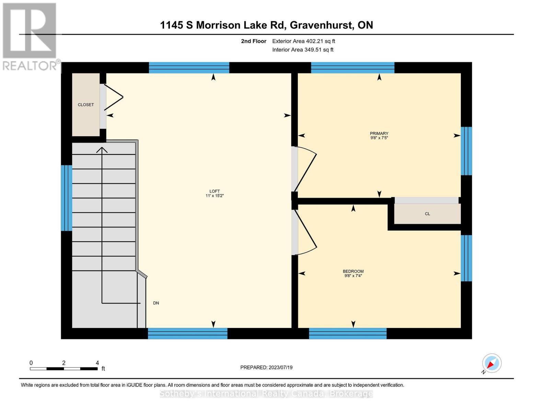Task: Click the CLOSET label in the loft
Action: (85, 105)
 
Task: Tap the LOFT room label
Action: (215, 191)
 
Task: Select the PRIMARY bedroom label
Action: (379, 134)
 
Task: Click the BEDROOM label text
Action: (353, 271)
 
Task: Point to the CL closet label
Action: (427, 214)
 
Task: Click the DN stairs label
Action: (156, 303)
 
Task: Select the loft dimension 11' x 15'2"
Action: (215, 196)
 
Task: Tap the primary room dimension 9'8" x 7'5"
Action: (379, 138)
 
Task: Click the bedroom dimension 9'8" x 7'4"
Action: (353, 276)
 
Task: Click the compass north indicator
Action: (491, 363)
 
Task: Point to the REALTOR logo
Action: (30, 36)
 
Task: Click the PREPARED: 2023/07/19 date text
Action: (266, 367)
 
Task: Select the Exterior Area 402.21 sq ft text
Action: (303, 41)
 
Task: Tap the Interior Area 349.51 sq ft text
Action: (303, 50)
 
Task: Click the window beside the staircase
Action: (66, 198)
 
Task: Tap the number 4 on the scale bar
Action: (97, 363)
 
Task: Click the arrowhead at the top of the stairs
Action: (102, 150)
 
